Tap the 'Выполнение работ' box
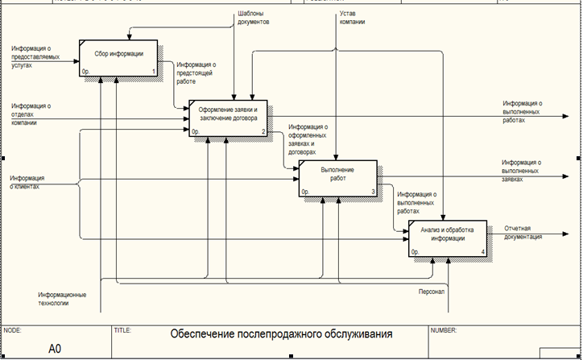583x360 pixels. click(x=337, y=178)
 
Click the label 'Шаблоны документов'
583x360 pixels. click(x=253, y=19)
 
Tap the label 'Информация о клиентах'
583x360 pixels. click(x=27, y=181)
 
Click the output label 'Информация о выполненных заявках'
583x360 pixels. click(x=521, y=170)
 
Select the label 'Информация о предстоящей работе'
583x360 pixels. click(x=196, y=72)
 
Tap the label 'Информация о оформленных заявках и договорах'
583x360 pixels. click(x=311, y=139)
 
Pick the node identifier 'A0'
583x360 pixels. click(x=55, y=348)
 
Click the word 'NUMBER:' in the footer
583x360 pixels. click(x=444, y=329)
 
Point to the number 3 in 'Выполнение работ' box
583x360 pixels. click(x=373, y=192)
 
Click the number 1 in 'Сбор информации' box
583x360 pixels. click(x=154, y=71)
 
